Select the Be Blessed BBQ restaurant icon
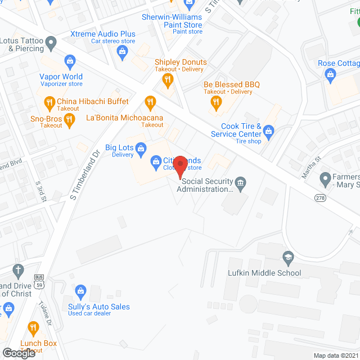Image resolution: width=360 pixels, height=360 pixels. point(215,102)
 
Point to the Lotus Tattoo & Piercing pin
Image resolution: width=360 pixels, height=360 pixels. point(51,42)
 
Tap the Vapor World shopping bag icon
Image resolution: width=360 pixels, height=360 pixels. point(70,60)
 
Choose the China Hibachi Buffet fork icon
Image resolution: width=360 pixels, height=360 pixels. point(49,102)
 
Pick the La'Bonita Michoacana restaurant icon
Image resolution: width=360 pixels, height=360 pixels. point(150,102)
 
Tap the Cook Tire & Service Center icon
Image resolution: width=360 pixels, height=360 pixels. point(269,133)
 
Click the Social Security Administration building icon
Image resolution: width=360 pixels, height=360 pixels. point(240,184)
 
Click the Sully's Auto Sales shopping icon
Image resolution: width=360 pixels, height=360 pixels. point(81,291)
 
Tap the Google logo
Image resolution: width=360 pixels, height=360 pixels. point(19,353)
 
